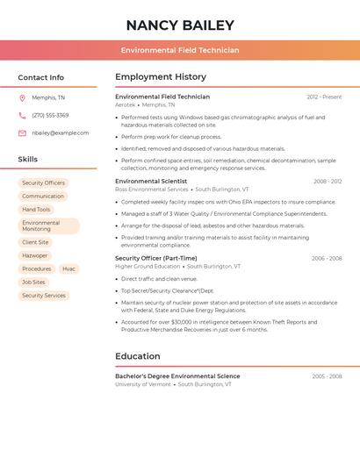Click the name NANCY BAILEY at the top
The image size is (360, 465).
(x=180, y=25)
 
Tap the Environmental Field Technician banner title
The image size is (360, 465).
(x=180, y=50)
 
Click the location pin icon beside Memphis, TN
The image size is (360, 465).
(x=22, y=97)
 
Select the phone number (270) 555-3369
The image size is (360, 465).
(x=50, y=115)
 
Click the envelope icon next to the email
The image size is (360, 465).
(x=22, y=133)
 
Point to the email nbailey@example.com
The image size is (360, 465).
(x=60, y=133)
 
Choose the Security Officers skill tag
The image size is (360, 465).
(x=43, y=183)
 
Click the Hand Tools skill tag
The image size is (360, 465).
(x=36, y=210)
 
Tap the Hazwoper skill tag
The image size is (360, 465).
(x=35, y=255)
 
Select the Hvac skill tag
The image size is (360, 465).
(x=68, y=268)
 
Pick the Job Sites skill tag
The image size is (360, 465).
(x=33, y=283)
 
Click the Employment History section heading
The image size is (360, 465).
(x=161, y=77)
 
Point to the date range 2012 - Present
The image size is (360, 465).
(x=324, y=97)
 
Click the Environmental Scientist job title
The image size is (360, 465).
(x=150, y=182)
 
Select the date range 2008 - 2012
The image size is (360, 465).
(x=328, y=182)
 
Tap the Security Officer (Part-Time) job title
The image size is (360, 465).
(x=155, y=259)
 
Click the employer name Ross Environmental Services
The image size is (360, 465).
(x=152, y=190)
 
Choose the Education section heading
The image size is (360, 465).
(x=138, y=356)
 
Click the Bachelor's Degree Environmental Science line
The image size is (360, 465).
(x=177, y=376)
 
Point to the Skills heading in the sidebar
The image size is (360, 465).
(x=28, y=160)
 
